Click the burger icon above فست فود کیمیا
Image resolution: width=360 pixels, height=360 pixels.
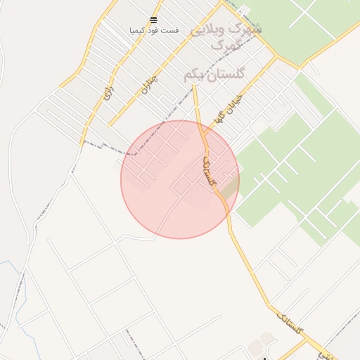pyautogui.click(x=154, y=20)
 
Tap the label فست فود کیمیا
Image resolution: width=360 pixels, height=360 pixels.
pyautogui.click(x=154, y=31)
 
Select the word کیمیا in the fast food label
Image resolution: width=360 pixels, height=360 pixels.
pyautogui.click(x=139, y=31)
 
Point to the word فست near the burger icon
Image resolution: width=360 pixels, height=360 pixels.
pyautogui.click(x=171, y=31)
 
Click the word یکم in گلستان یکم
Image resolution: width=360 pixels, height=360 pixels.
pyautogui.click(x=193, y=75)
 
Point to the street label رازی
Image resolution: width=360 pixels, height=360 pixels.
pyautogui.click(x=108, y=92)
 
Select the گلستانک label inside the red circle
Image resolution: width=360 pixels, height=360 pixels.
pyautogui.click(x=207, y=171)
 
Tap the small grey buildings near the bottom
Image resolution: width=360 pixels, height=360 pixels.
pyautogui.click(x=266, y=340)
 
